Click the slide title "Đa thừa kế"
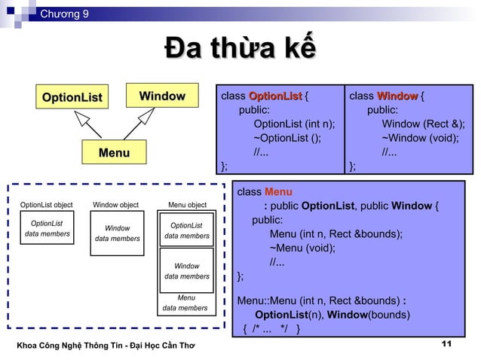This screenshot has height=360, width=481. (x=240, y=50)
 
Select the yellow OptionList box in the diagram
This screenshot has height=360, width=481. (x=72, y=97)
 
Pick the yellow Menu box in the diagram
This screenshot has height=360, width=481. (x=114, y=153)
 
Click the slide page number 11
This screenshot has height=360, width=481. (x=445, y=344)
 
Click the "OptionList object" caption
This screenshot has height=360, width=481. (x=46, y=205)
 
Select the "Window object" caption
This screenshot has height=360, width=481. (x=115, y=205)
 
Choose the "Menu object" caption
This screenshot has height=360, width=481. (x=186, y=205)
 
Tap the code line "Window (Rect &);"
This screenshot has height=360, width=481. (x=423, y=124)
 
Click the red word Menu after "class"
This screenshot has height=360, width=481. (x=278, y=192)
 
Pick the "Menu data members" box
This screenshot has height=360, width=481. (x=185, y=303)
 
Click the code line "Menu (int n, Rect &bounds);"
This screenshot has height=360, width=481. (x=335, y=233)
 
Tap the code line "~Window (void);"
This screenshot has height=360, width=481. (x=420, y=138)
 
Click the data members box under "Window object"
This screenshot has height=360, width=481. (x=117, y=233)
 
